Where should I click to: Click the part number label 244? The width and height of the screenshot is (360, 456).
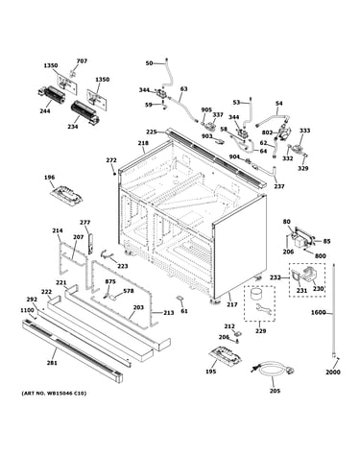pyautogui.click(x=45, y=111)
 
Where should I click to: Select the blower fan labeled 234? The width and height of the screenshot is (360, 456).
pyautogui.click(x=84, y=112)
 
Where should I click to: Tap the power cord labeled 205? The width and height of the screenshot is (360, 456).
pyautogui.click(x=274, y=371)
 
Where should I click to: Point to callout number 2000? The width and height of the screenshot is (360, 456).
pyautogui.click(x=333, y=372)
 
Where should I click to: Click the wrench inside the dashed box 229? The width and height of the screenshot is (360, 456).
pyautogui.click(x=265, y=309)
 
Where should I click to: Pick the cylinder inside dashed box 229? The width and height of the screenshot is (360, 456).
pyautogui.click(x=255, y=294)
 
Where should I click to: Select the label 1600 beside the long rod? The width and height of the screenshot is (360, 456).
pyautogui.click(x=318, y=312)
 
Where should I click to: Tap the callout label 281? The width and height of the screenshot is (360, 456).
pyautogui.click(x=52, y=363)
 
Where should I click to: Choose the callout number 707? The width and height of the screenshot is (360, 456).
pyautogui.click(x=82, y=60)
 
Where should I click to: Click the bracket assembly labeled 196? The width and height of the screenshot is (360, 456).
pyautogui.click(x=67, y=195)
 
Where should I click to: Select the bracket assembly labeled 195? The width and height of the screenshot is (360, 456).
pyautogui.click(x=226, y=355)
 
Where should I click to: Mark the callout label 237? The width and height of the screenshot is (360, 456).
pyautogui.click(x=279, y=186)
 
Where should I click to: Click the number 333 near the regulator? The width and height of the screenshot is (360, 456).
pyautogui.click(x=304, y=131)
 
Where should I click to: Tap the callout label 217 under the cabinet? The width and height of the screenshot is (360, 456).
pyautogui.click(x=232, y=304)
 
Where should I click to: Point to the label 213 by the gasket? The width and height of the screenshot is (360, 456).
pyautogui.click(x=169, y=313)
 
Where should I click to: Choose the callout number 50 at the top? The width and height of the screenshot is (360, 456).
pyautogui.click(x=149, y=63)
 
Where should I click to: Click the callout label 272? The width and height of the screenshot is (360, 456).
pyautogui.click(x=111, y=160)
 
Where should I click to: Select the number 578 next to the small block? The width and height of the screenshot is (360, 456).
pyautogui.click(x=129, y=291)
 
